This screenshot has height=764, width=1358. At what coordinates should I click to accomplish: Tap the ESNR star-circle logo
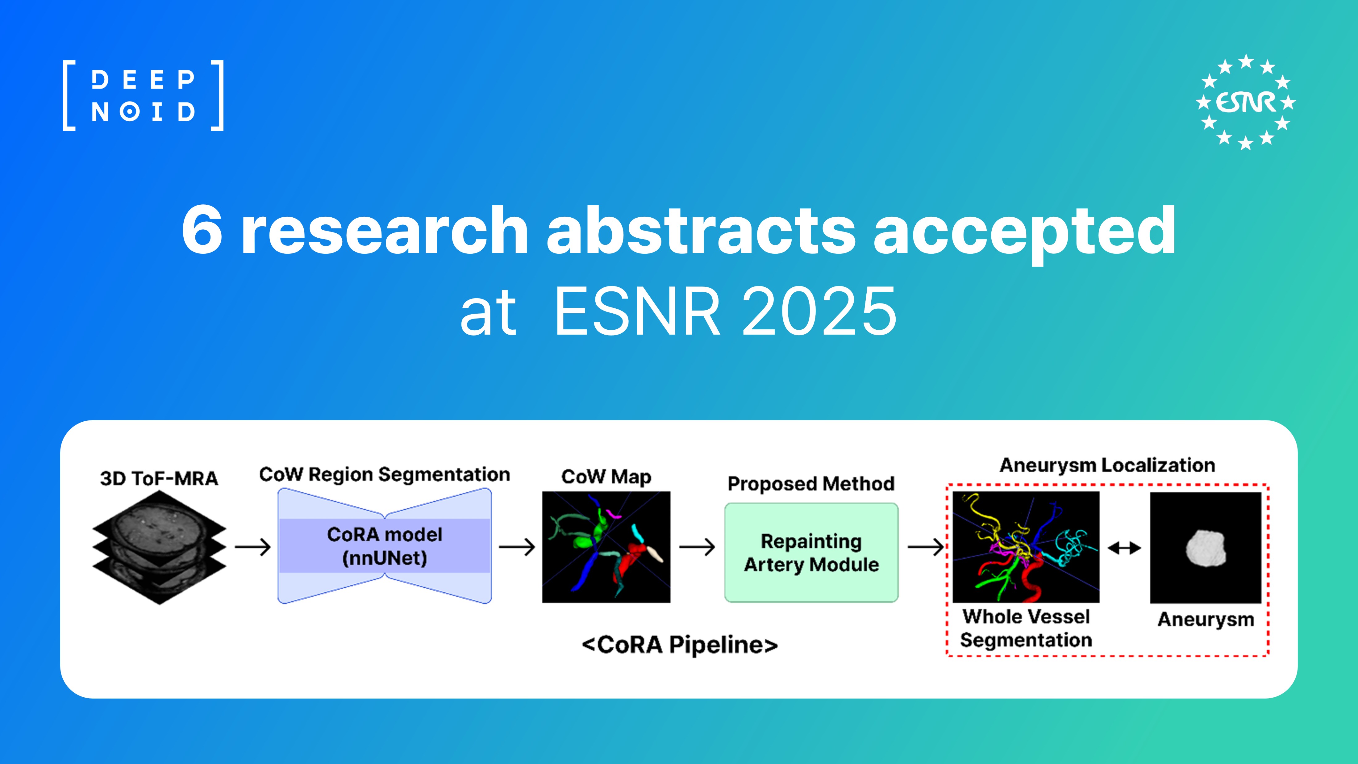coord(1245,102)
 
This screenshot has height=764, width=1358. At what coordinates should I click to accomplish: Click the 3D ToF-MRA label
coord(159,478)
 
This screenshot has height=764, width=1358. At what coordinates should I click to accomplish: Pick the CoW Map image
coord(606,547)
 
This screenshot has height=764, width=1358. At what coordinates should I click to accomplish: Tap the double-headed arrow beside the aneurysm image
coord(1124,548)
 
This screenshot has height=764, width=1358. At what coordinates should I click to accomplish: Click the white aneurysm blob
coord(1205,548)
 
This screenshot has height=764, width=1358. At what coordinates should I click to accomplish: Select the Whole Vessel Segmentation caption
coord(1026,628)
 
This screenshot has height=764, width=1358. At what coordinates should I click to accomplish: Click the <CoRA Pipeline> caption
coord(680,644)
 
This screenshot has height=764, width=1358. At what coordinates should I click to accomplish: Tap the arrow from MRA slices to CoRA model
coord(252,547)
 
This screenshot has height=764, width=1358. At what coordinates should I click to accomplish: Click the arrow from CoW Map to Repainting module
coord(697,547)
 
